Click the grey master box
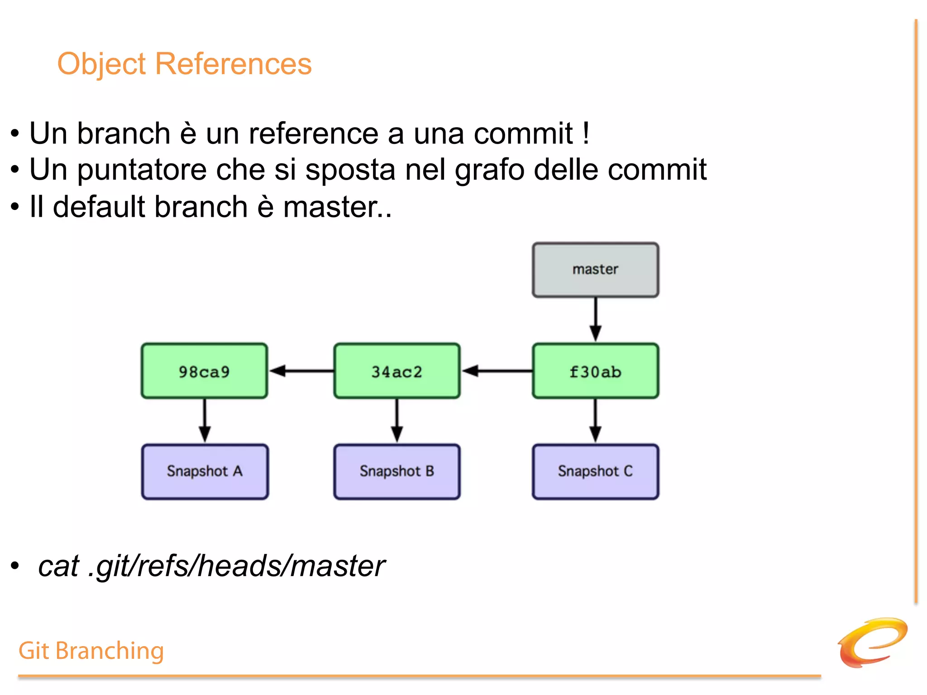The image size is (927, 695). tap(595, 270)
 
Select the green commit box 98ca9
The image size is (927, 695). tap(204, 371)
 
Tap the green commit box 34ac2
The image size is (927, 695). tap(397, 371)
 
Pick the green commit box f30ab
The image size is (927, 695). tap(595, 371)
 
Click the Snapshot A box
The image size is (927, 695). tap(205, 471)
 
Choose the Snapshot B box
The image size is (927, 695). tap(397, 471)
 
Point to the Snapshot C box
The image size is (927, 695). tap(595, 471)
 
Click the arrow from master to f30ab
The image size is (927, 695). tap(595, 319)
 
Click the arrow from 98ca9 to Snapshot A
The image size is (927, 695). tap(205, 421)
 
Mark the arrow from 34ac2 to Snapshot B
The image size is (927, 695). tap(397, 421)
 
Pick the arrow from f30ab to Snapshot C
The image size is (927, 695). tap(595, 421)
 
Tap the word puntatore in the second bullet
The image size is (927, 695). tap(141, 171)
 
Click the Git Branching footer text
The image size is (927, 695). tap(91, 651)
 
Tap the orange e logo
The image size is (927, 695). tap(872, 643)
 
